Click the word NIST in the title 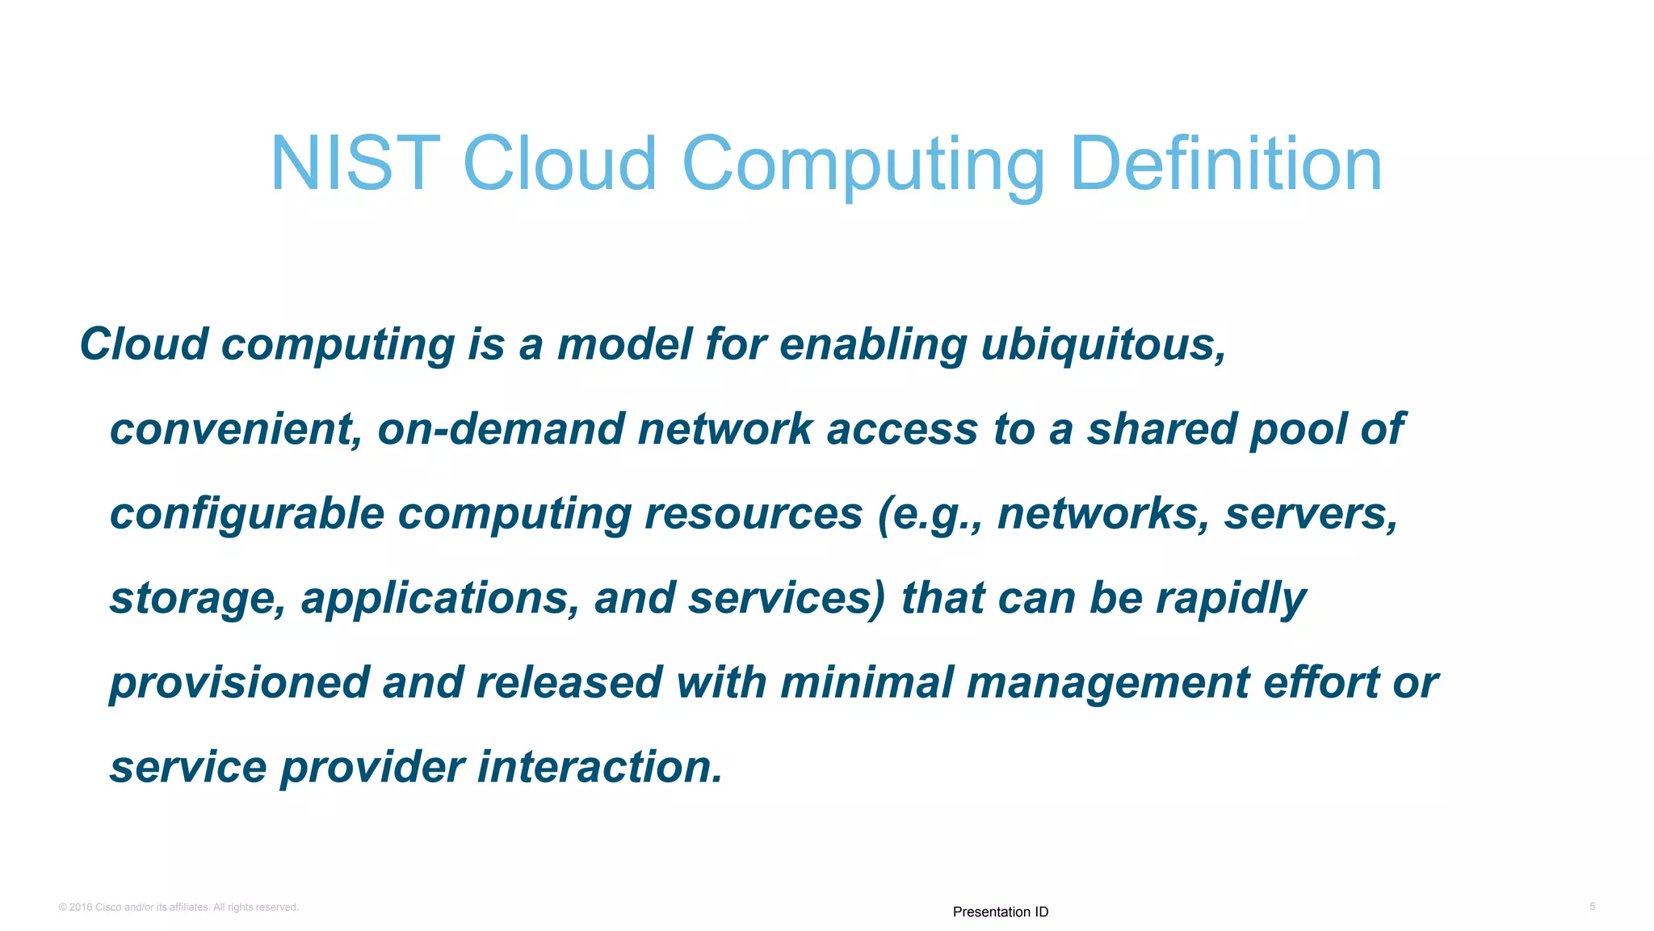point(355,164)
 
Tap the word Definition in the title point(1225,164)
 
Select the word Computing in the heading point(863,166)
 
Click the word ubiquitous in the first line point(1103,344)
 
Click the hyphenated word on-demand point(501,429)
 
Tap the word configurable point(246,514)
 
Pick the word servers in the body point(1310,514)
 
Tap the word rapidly point(1231,599)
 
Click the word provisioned point(239,683)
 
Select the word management point(1108,683)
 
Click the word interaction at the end point(599,767)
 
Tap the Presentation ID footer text point(1000,912)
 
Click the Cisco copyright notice point(178,907)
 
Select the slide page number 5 point(1592,906)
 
